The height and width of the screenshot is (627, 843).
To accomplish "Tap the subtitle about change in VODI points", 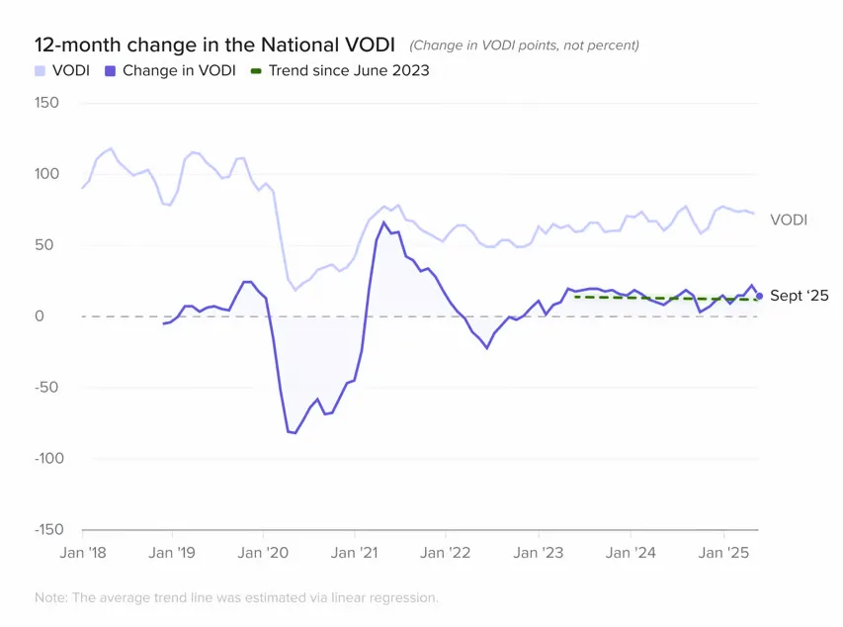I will [524, 45].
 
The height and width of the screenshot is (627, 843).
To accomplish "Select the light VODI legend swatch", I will [40, 71].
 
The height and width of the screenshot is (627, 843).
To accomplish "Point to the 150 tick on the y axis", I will [46, 103].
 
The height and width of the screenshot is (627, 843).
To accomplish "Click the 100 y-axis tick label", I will [46, 174].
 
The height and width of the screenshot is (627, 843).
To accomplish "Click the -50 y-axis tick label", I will [47, 388].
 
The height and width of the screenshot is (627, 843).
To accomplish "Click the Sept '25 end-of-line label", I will [799, 296].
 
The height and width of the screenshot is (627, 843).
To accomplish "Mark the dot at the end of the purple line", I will [759, 296].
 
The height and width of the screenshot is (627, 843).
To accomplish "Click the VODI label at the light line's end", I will [789, 220].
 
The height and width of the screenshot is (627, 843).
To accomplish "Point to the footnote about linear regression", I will [235, 597].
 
